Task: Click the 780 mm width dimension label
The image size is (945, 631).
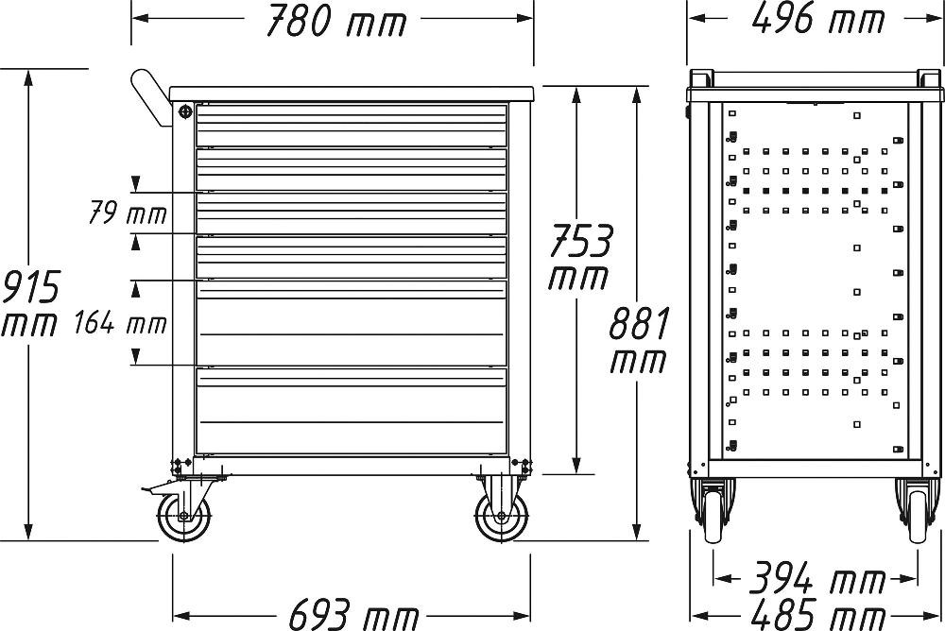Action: pyautogui.click(x=335, y=21)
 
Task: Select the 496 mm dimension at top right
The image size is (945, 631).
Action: pyautogui.click(x=817, y=20)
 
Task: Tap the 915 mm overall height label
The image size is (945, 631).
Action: pyautogui.click(x=30, y=305)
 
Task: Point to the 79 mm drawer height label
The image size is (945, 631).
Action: pyautogui.click(x=128, y=213)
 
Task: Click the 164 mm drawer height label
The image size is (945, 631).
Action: pyautogui.click(x=121, y=323)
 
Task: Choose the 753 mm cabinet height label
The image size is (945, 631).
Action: pyautogui.click(x=579, y=257)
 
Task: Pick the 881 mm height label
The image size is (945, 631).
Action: pyautogui.click(x=639, y=340)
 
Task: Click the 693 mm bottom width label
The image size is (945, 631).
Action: pyautogui.click(x=353, y=615)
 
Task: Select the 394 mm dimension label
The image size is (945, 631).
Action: pyautogui.click(x=816, y=578)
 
